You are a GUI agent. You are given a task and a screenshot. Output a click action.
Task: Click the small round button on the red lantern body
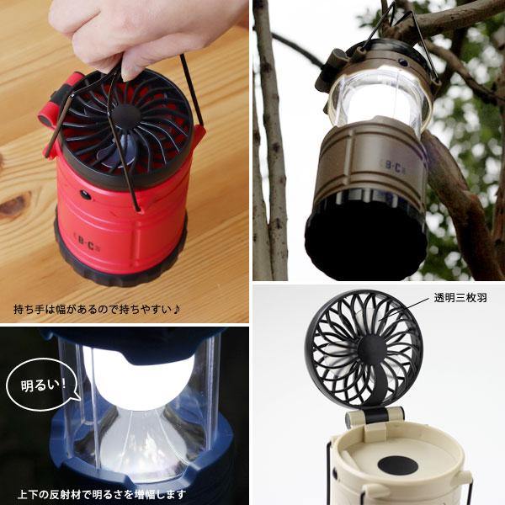point(87,194)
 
